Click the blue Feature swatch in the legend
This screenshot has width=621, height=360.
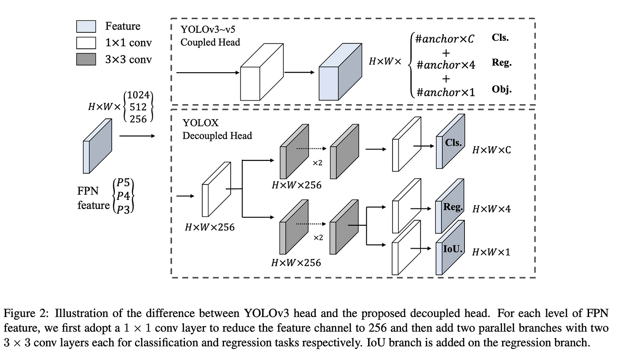tap(86, 26)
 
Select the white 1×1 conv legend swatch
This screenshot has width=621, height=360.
tap(86, 43)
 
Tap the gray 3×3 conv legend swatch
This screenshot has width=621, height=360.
tap(86, 59)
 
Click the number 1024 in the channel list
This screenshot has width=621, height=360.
tap(138, 95)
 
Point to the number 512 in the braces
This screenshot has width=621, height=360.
tap(138, 107)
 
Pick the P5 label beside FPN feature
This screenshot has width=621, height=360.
tap(123, 183)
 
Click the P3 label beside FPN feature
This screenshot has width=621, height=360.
tap(123, 210)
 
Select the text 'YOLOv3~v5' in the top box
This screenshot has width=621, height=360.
tap(208, 29)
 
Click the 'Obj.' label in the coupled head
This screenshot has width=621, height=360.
tap(502, 89)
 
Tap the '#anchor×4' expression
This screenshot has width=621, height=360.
tap(446, 65)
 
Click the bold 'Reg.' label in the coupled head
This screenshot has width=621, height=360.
tap(502, 63)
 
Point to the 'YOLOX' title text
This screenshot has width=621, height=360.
tap(200, 123)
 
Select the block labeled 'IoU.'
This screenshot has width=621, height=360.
tap(450, 247)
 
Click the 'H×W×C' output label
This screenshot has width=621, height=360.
tap(491, 150)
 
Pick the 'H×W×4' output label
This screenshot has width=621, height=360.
tap(491, 209)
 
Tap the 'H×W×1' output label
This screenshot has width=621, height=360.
tap(491, 252)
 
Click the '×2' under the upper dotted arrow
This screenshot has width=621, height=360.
tap(318, 163)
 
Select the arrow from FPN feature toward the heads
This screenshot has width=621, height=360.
tap(137, 136)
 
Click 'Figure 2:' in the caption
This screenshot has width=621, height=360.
tap(26, 313)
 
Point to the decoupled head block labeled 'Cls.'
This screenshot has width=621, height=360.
tap(450, 141)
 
